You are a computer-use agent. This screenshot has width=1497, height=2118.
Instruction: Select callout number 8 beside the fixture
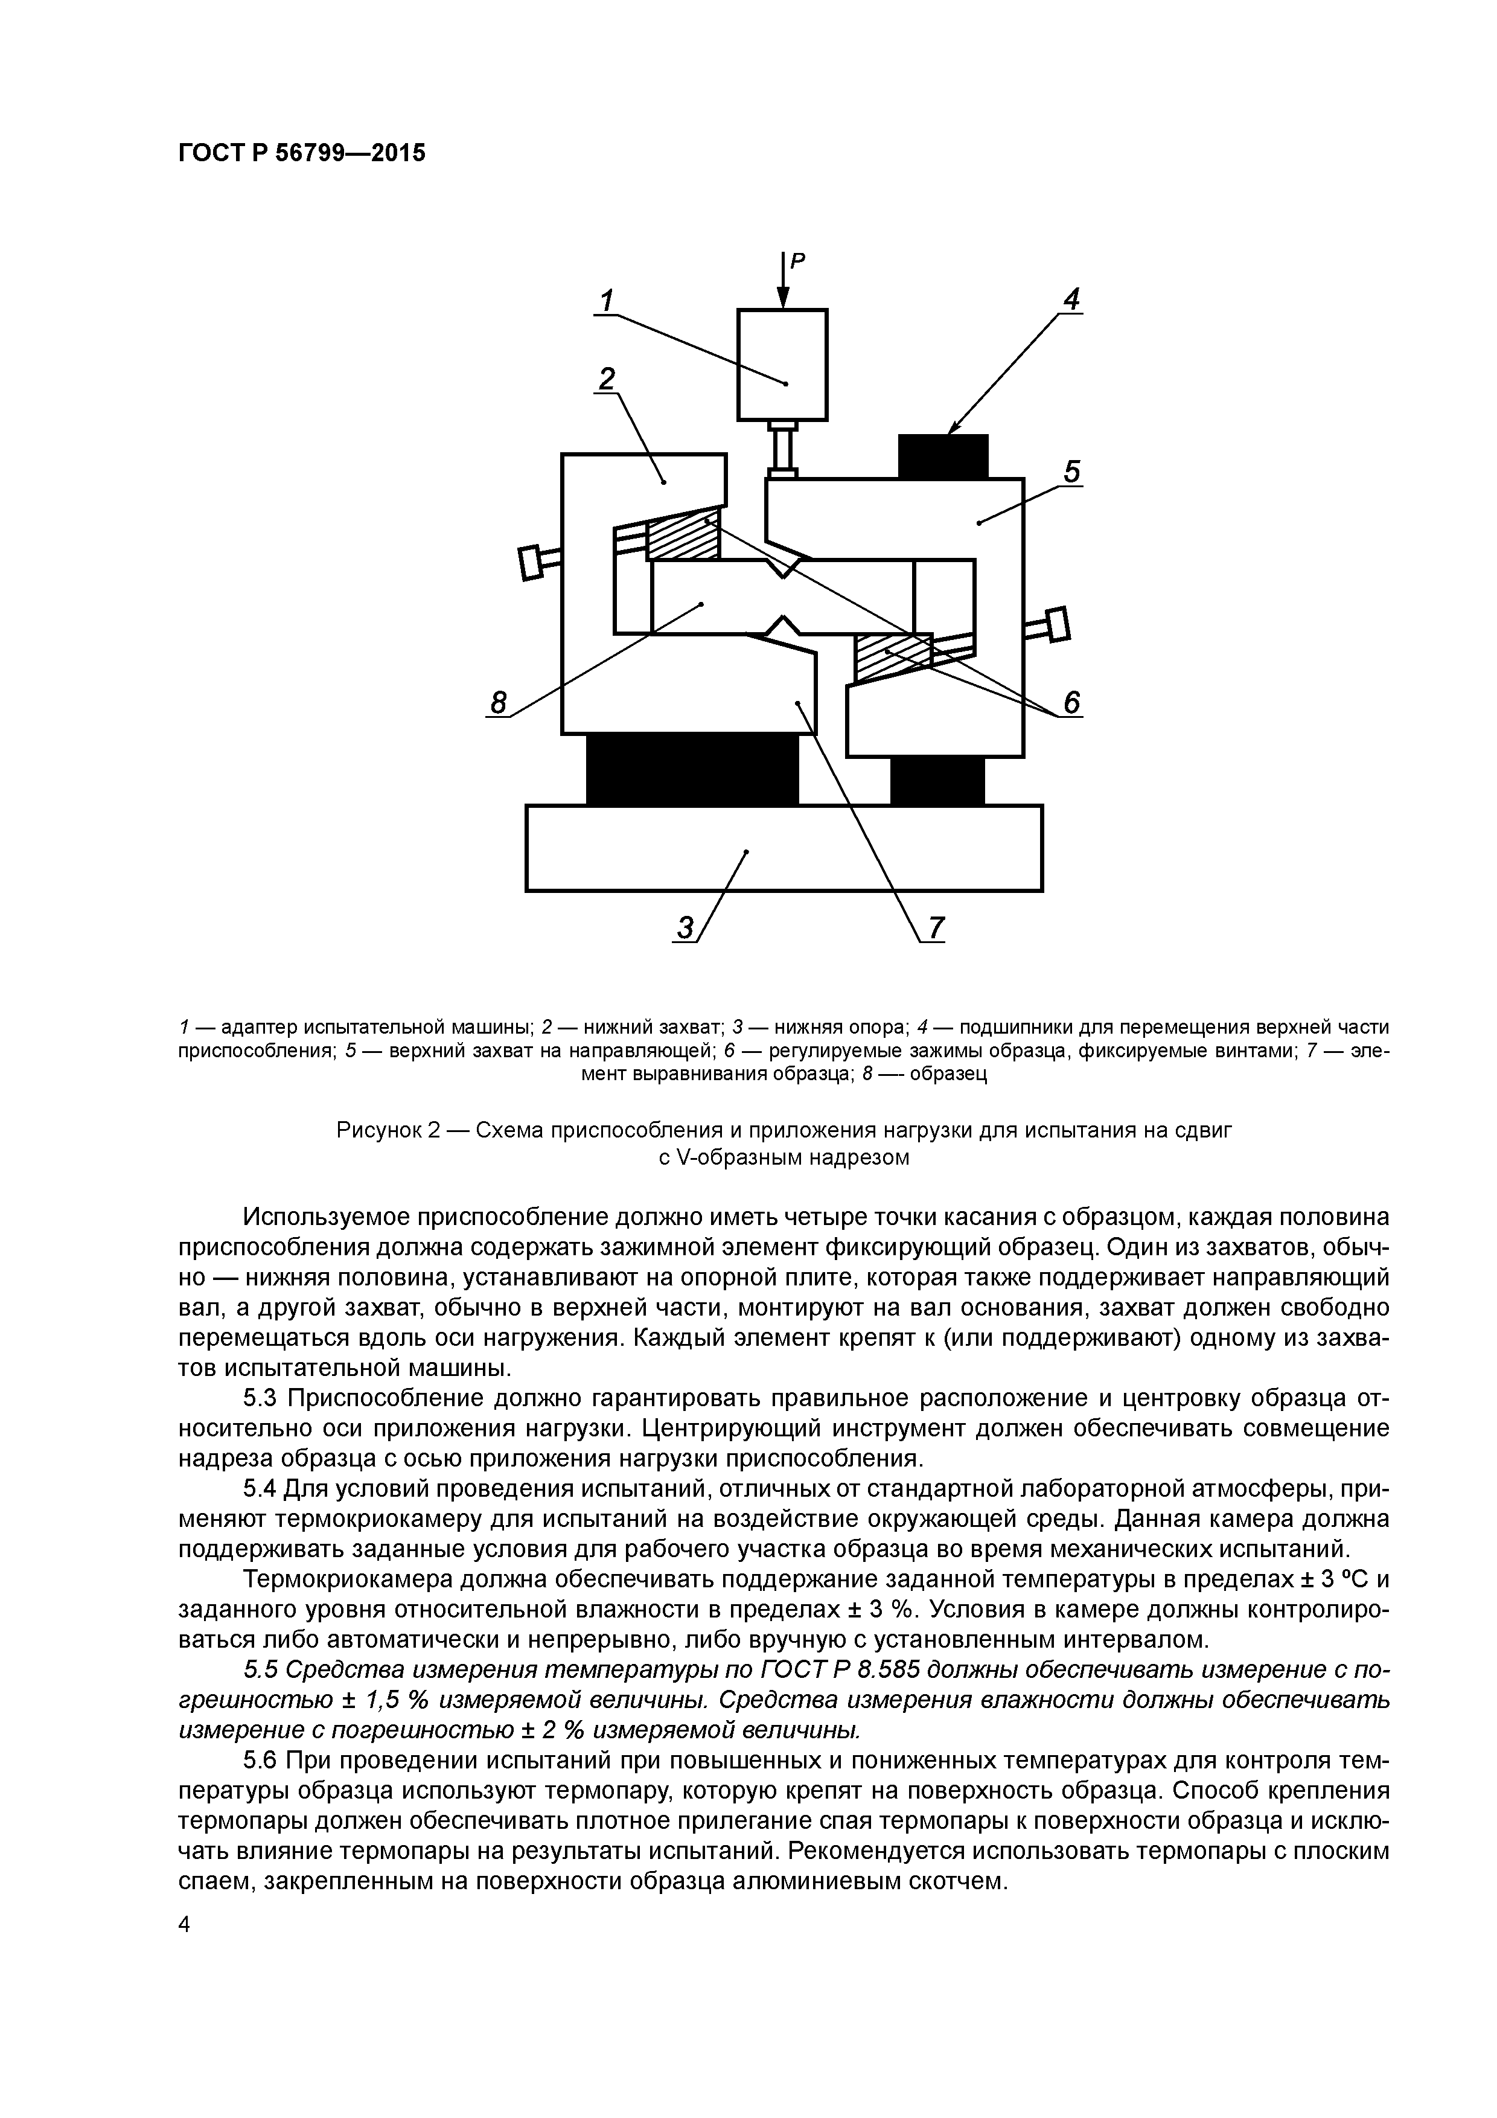(x=498, y=703)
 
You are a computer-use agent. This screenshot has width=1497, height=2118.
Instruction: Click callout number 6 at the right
(x=1071, y=703)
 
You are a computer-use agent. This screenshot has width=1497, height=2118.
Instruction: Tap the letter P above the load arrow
(x=799, y=261)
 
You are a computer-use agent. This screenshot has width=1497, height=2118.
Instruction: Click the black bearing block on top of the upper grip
(x=943, y=456)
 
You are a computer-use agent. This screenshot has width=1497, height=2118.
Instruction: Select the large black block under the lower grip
(x=692, y=769)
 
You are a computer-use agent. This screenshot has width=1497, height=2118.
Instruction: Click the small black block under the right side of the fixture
(x=937, y=781)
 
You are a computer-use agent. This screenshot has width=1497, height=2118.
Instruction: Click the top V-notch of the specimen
(x=783, y=569)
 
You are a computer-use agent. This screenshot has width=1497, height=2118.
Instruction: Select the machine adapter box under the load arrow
(x=782, y=365)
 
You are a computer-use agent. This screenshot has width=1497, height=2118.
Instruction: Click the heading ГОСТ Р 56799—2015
(x=302, y=153)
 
